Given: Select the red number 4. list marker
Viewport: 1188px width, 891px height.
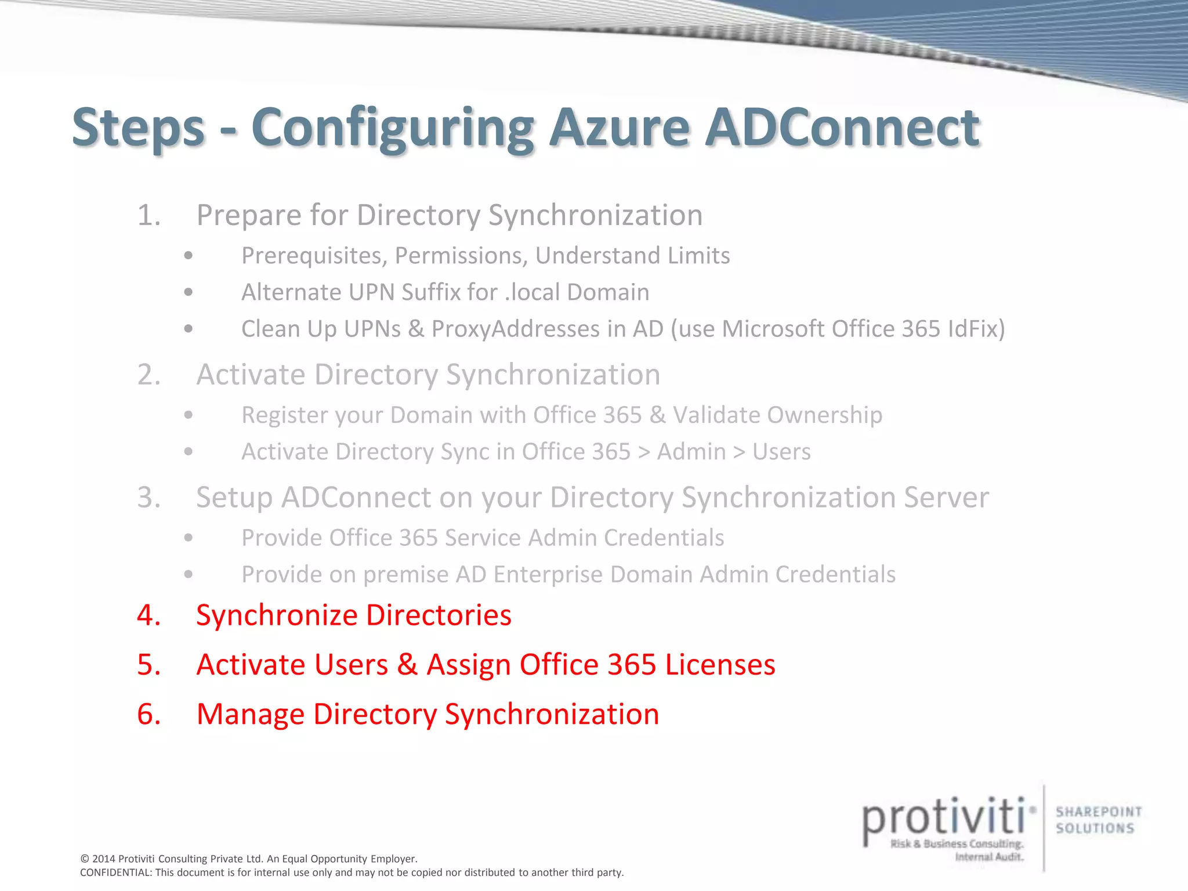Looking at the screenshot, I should click(x=148, y=615).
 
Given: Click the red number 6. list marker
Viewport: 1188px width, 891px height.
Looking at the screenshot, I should click(x=148, y=714).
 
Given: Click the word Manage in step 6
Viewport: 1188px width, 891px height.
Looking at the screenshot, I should click(x=250, y=714).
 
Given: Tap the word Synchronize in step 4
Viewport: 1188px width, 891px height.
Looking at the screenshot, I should click(x=276, y=615).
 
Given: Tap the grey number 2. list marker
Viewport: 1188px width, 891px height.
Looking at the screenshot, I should click(x=148, y=375).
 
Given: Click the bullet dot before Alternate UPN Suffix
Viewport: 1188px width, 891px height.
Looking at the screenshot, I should click(x=188, y=292).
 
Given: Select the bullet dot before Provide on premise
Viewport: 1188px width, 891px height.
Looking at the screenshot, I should click(x=188, y=574).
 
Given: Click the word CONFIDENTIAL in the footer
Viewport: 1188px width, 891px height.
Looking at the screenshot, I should click(x=115, y=872).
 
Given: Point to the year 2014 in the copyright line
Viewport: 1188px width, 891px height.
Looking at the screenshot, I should click(x=104, y=859).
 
